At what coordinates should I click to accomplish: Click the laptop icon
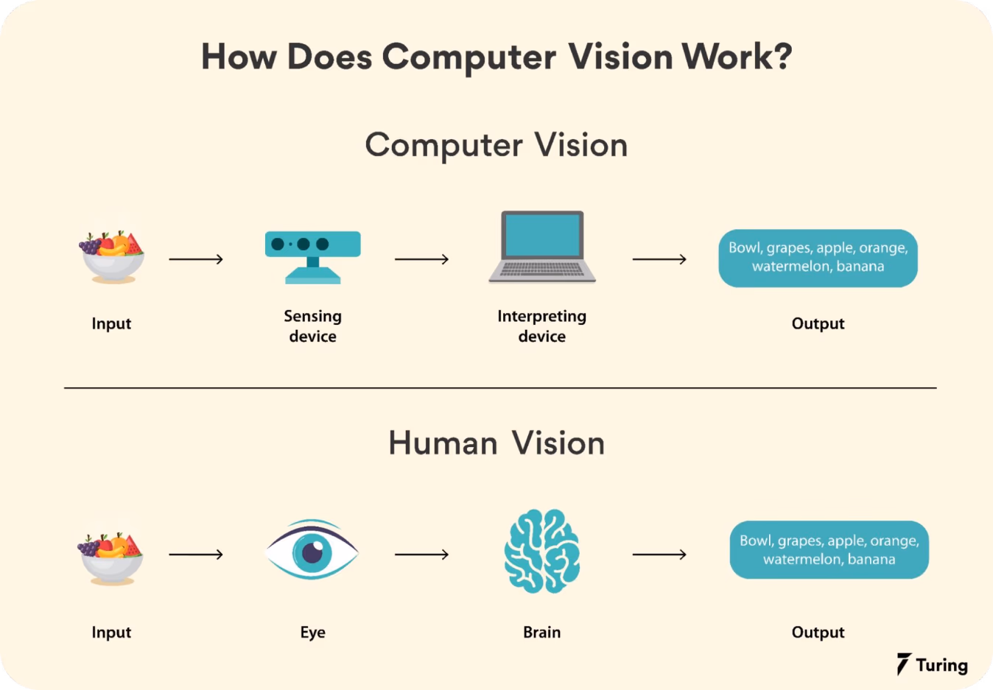click(541, 247)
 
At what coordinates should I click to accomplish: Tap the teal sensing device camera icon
click(312, 257)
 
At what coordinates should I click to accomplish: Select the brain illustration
click(541, 552)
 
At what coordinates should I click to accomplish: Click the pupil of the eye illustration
click(312, 552)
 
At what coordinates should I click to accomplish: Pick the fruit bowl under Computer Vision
click(112, 257)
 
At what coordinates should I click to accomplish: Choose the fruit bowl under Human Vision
click(110, 559)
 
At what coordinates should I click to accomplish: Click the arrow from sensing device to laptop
click(421, 258)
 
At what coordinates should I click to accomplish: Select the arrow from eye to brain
click(421, 554)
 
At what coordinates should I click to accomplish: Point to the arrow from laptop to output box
click(659, 258)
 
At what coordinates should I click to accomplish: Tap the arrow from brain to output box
click(659, 554)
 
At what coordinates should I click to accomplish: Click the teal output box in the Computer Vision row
click(818, 258)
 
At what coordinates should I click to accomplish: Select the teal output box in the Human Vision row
click(829, 549)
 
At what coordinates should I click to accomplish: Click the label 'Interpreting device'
click(541, 326)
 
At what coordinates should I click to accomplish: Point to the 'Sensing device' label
click(312, 326)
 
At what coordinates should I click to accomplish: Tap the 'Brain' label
click(541, 632)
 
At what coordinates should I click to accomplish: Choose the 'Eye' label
click(312, 632)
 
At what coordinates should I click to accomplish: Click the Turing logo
click(933, 663)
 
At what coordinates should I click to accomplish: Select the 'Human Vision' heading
click(496, 443)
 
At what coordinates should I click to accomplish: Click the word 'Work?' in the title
click(737, 57)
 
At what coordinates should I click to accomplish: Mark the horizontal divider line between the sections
click(500, 388)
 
